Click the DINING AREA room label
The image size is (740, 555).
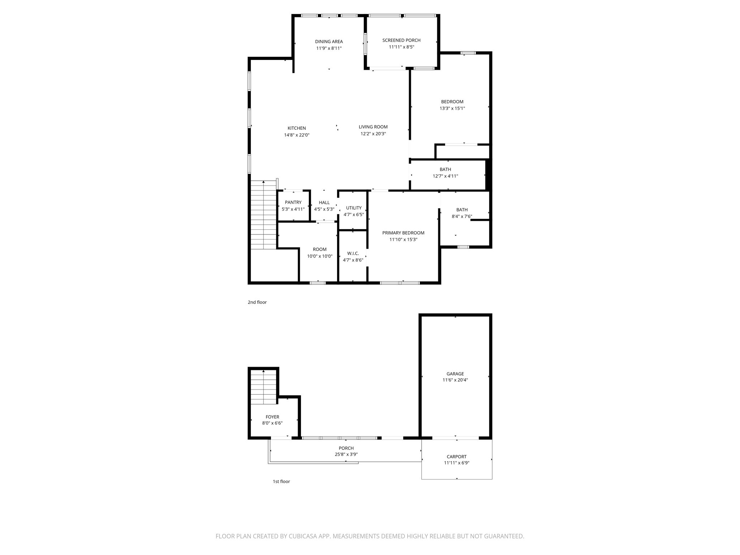329,42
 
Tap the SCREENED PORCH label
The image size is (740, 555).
401,40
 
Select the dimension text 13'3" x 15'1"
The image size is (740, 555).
452,108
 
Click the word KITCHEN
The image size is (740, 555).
297,128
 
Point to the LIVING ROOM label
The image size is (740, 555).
373,127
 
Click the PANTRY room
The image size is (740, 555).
293,202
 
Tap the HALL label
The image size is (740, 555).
324,202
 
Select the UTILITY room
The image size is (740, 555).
354,208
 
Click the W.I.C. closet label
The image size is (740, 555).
353,253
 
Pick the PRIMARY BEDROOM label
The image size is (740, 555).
403,233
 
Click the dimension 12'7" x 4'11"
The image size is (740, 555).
445,176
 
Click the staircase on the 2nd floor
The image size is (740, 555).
264,215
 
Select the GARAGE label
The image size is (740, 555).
455,374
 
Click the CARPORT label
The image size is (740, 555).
456,456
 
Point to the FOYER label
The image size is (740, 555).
272,417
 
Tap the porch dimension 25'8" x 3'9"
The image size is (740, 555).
346,455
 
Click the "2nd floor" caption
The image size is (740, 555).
257,302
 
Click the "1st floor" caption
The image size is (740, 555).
281,481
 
